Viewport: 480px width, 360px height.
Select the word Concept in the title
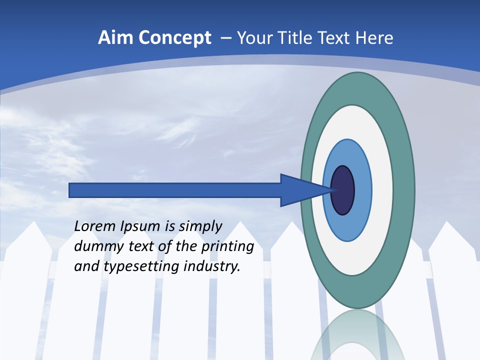(x=174, y=38)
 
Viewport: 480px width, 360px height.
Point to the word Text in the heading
(x=335, y=38)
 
